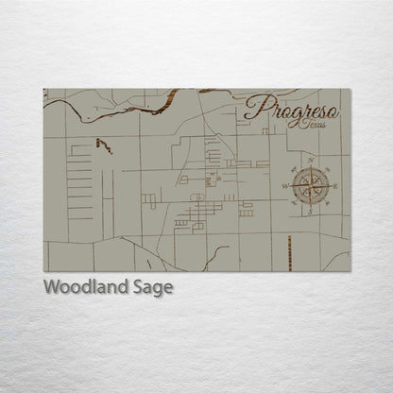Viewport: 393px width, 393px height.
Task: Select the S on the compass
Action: click(x=309, y=213)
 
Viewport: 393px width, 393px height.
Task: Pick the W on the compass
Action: click(x=285, y=187)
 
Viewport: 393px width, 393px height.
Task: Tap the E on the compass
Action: click(x=333, y=187)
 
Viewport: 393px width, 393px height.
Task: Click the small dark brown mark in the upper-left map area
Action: click(x=103, y=145)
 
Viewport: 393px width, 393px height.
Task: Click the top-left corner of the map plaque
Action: click(x=43, y=89)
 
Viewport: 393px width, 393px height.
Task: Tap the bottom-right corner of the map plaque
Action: click(x=350, y=272)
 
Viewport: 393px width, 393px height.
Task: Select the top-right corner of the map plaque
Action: click(x=350, y=89)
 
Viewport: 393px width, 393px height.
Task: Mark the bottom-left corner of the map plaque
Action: click(x=43, y=272)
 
